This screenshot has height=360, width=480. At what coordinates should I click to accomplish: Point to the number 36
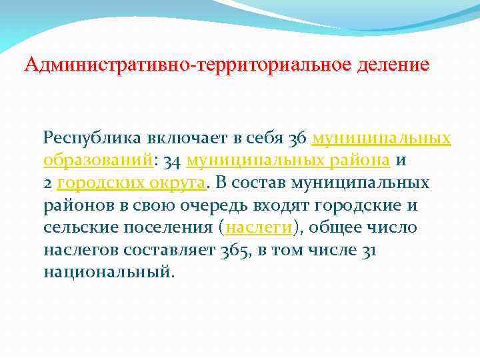[298, 138]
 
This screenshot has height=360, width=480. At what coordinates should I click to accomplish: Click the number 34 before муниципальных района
[172, 161]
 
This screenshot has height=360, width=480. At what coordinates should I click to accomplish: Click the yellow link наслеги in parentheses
[259, 227]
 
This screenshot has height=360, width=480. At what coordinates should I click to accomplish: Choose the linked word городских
[100, 183]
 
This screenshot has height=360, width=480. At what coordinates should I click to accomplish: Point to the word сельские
[74, 227]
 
